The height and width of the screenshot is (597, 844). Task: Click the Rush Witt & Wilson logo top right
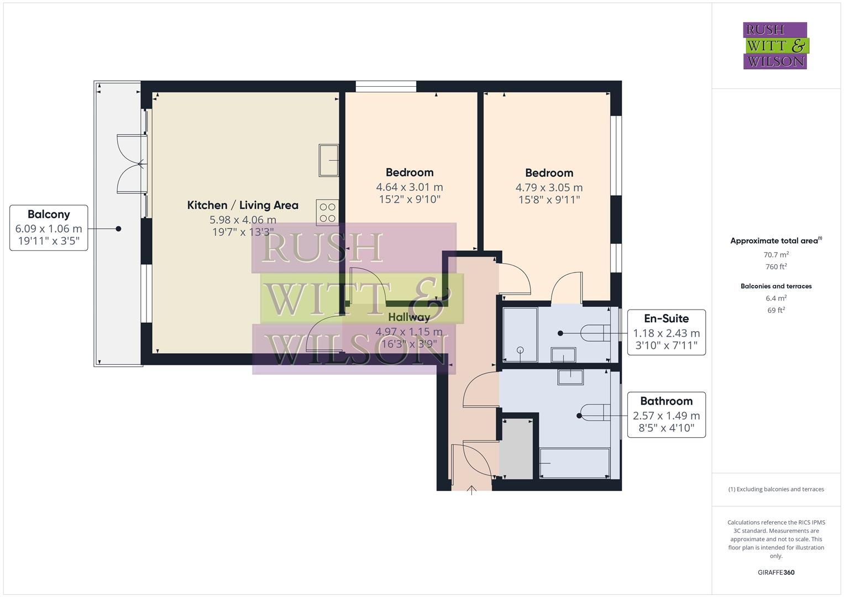775,46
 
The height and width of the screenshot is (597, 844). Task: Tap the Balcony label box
49,228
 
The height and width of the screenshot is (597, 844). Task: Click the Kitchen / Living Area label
243,205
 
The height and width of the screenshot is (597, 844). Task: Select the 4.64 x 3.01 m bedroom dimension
409,187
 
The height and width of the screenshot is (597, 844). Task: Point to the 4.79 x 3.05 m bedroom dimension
549,188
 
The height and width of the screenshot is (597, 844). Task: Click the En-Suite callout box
666,332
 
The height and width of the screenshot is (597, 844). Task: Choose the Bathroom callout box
666,415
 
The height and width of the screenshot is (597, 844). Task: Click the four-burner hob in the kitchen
327,212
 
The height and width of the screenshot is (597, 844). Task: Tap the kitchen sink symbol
329,160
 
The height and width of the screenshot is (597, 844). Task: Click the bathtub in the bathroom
575,463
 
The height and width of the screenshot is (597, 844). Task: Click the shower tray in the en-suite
520,335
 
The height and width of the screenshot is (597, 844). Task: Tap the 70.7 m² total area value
775,254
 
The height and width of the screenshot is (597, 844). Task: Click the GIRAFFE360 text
775,572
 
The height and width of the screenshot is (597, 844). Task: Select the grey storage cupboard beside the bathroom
516,449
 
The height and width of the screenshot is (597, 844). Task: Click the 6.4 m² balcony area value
775,298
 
